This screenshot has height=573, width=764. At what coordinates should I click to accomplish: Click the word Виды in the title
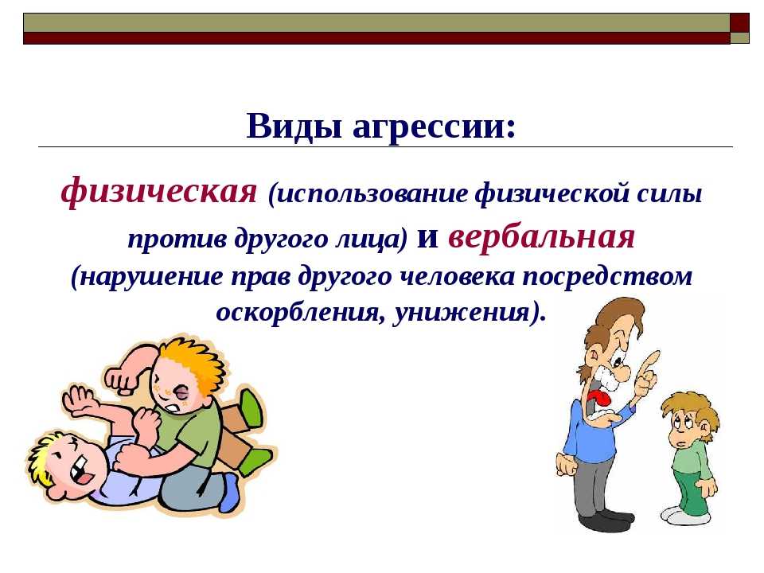pos(294,127)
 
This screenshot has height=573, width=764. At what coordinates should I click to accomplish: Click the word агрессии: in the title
pos(433,127)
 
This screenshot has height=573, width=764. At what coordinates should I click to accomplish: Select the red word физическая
pos(159,190)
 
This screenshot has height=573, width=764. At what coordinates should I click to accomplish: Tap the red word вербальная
pos(541,236)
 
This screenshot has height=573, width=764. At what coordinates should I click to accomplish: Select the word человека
pos(457,277)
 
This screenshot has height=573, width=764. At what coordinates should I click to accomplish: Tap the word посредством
pos(607,277)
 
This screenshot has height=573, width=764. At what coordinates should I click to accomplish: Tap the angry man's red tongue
pos(598,399)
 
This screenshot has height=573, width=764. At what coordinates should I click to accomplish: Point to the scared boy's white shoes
pos(684,515)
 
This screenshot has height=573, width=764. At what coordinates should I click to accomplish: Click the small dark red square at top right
pos(739,22)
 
